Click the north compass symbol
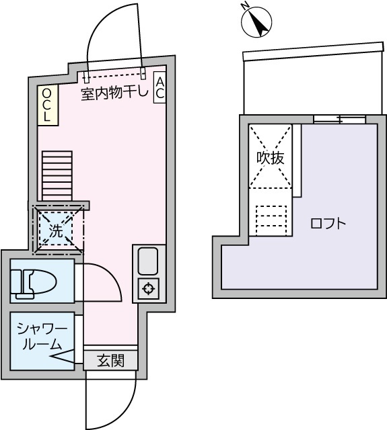point(256,21)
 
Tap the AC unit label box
point(160,87)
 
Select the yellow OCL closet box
point(46,106)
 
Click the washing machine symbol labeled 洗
point(57,231)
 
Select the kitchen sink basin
point(147,260)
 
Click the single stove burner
point(147,289)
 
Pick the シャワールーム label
point(42,336)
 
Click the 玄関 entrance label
point(110,361)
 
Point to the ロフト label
point(328,224)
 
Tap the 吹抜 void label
point(270,159)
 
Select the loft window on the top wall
point(340,120)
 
